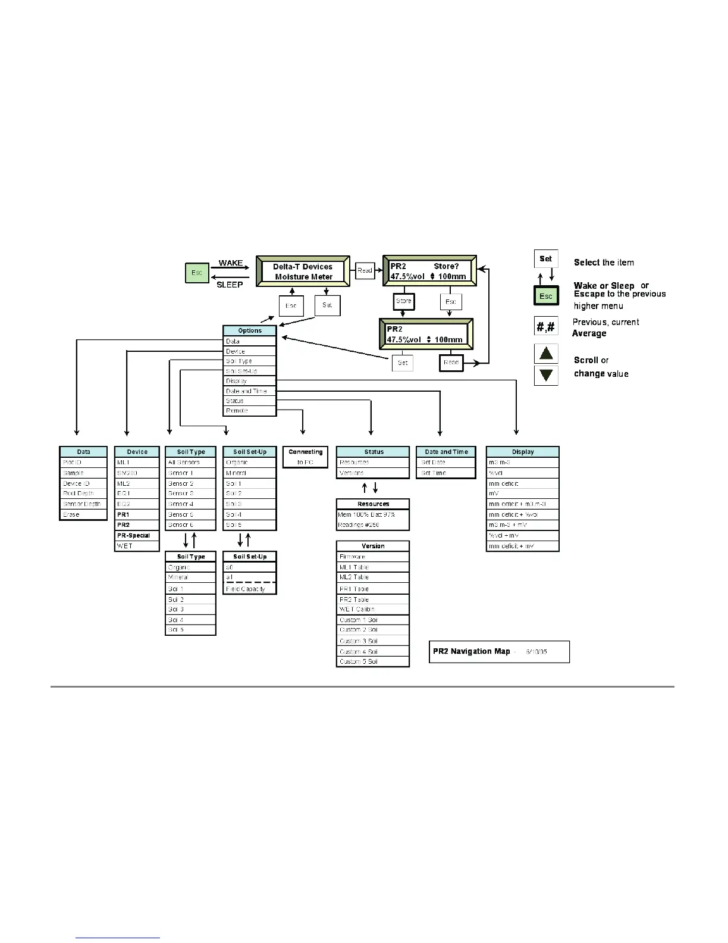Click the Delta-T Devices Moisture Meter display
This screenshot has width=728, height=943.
point(303,271)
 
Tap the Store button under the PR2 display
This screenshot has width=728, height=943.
point(403,301)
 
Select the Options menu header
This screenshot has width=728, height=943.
point(250,330)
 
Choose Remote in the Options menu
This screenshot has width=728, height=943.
point(250,411)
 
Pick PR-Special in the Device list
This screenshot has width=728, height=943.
point(137,535)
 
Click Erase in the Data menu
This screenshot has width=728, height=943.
point(83,514)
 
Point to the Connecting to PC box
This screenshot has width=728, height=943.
point(305,457)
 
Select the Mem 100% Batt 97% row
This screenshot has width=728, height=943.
point(373,514)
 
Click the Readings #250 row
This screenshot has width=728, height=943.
point(373,524)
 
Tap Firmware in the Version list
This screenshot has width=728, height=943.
point(373,557)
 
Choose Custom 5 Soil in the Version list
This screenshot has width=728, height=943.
point(373,661)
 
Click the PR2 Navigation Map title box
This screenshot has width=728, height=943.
point(499,651)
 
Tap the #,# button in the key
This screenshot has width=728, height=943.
point(546,326)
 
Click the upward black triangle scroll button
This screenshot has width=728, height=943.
point(546,354)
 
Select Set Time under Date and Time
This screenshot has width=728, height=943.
point(446,473)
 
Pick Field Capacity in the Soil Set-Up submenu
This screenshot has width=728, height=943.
point(250,589)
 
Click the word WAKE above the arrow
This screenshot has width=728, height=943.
point(231,263)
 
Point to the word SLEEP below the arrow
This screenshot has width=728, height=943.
point(230,285)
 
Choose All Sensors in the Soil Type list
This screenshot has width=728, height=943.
point(190,462)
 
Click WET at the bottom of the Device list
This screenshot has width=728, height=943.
point(137,545)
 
